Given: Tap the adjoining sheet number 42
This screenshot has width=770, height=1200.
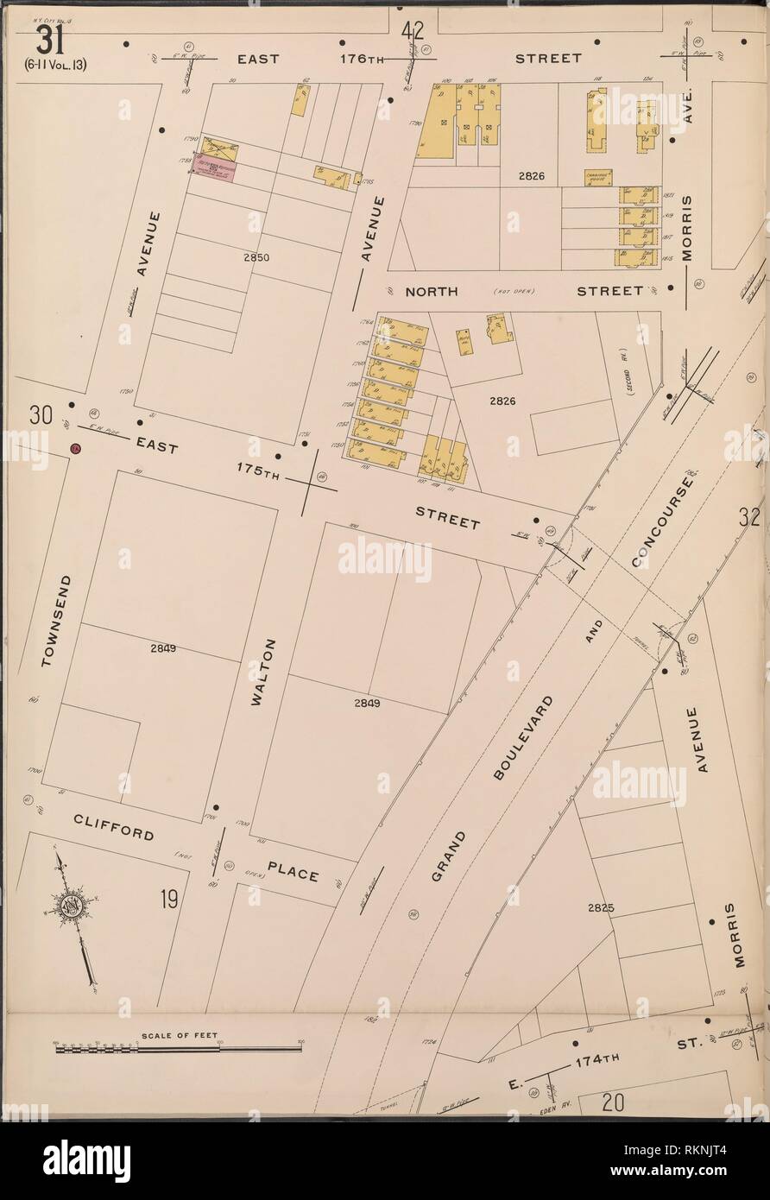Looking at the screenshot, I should [x=412, y=31].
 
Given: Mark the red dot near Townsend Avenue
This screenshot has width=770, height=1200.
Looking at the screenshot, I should [x=76, y=449].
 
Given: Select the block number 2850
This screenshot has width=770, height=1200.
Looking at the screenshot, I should [x=256, y=257].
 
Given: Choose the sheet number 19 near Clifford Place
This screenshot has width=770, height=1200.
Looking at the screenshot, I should [x=168, y=900].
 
